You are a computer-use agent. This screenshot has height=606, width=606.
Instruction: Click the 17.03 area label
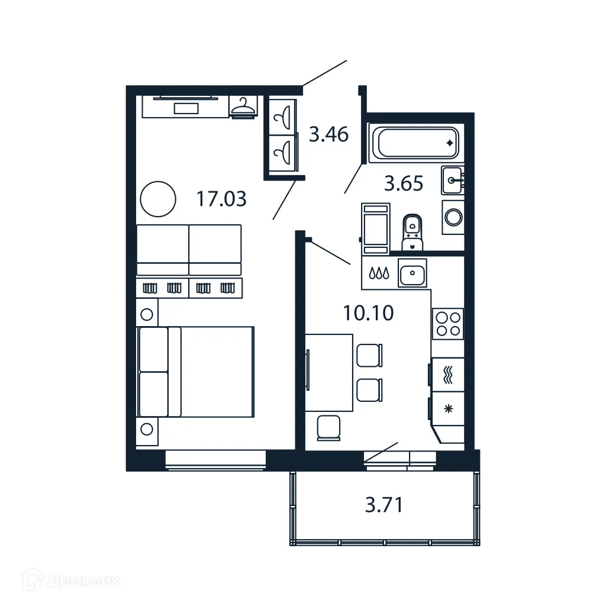(221, 199)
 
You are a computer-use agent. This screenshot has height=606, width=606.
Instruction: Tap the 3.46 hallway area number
(328, 135)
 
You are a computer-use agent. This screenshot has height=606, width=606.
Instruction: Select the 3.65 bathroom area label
(404, 184)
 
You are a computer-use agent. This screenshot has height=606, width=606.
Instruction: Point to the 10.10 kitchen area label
(368, 312)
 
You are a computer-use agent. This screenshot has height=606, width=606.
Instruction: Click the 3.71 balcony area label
(384, 505)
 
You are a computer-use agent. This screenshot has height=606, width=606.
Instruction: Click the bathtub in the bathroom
(414, 143)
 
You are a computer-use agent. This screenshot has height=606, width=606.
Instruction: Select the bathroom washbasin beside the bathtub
(453, 180)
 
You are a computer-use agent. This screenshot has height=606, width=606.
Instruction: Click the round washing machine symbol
(453, 217)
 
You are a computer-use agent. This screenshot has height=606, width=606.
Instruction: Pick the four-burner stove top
(447, 324)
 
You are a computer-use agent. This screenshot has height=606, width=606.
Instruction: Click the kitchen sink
(412, 273)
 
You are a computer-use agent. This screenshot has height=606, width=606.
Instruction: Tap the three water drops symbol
(379, 273)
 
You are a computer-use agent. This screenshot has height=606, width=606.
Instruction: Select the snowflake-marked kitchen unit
(448, 408)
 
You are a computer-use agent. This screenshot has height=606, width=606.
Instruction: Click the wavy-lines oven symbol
(448, 375)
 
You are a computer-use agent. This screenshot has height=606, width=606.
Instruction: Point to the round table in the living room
(158, 198)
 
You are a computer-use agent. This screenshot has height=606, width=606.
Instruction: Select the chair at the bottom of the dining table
(329, 427)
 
